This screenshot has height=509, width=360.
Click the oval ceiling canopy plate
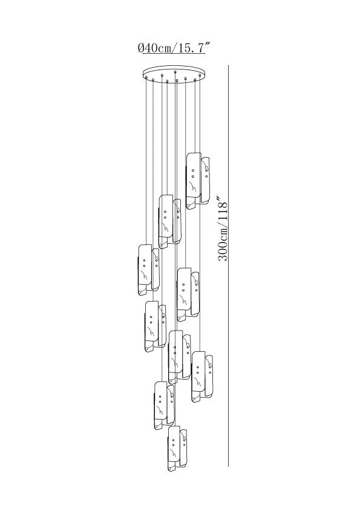point(174,73)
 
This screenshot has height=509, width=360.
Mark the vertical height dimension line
point(229,266)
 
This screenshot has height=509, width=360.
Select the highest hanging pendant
point(197,181)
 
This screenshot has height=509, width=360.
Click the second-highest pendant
point(170,222)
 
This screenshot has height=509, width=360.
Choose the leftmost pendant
point(149,270)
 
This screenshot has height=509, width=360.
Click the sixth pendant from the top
point(180,357)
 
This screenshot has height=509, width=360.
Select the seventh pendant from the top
point(203,377)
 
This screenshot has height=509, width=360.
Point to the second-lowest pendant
point(165,405)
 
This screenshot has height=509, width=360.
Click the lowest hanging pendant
point(178,449)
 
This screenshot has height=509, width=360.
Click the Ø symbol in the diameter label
point(140,48)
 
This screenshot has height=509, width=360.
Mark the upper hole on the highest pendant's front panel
point(193,170)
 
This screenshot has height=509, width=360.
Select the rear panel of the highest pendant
point(205,181)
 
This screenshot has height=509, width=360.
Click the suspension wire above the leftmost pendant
point(146,161)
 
